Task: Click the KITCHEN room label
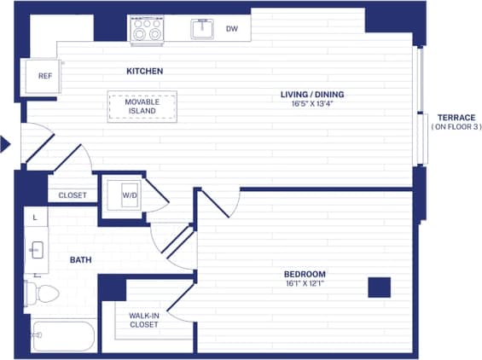pos(144,71)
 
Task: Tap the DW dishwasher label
pos(231,29)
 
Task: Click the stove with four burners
pos(146,31)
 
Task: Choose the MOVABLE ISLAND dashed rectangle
pos(142,107)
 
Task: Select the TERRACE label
pos(456,117)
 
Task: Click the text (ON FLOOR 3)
pos(456,127)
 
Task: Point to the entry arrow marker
pos(5,144)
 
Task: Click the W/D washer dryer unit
pos(129,194)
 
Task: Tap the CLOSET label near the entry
pos(73,195)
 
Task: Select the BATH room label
pos(80,259)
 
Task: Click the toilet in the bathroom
pos(43,294)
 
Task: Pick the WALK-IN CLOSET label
pos(143,320)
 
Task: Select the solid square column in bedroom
pos(379,287)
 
